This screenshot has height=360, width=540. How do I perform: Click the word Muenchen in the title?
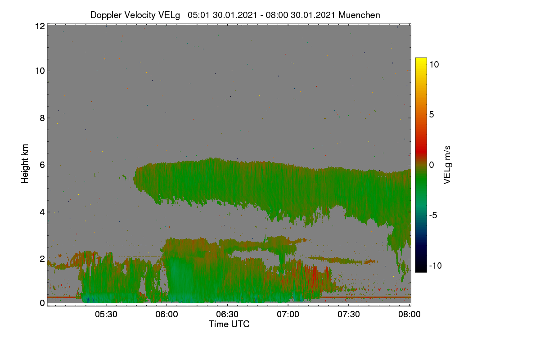click(x=359, y=15)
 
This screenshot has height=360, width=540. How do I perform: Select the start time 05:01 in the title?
click(x=199, y=15)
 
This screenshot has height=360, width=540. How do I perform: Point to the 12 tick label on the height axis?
click(x=40, y=26)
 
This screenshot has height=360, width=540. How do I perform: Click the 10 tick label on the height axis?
click(x=40, y=71)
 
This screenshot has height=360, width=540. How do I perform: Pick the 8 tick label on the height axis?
click(x=42, y=118)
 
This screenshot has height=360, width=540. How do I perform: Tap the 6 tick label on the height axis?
click(x=42, y=165)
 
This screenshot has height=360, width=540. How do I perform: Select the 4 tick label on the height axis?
click(x=42, y=212)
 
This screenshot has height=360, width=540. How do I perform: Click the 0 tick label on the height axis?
click(x=42, y=303)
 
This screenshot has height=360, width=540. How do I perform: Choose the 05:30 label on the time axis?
click(x=106, y=314)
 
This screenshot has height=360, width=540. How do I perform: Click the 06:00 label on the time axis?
click(x=166, y=314)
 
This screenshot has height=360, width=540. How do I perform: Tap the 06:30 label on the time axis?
click(x=227, y=314)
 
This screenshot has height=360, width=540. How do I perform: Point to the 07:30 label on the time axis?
click(x=349, y=314)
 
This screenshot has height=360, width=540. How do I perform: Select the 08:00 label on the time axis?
click(x=409, y=314)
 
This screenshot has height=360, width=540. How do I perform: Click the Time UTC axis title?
click(x=229, y=324)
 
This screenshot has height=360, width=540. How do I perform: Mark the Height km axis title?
click(x=25, y=164)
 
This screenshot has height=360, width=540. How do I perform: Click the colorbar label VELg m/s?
click(x=447, y=165)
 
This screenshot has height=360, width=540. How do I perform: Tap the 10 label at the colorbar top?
click(x=434, y=64)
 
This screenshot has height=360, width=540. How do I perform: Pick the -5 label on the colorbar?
click(x=433, y=215)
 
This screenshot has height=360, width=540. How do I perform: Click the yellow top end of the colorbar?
click(x=421, y=59)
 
